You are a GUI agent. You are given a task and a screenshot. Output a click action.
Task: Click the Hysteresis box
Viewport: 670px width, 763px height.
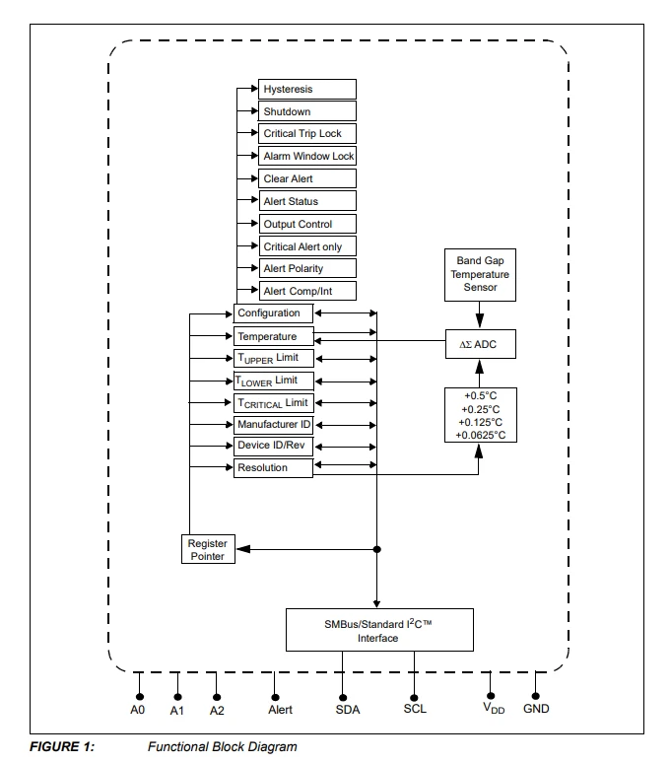point(306,89)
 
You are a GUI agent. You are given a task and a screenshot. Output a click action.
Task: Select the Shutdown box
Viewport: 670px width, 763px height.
point(306,111)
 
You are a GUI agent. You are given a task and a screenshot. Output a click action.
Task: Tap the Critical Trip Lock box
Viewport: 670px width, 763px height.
point(306,133)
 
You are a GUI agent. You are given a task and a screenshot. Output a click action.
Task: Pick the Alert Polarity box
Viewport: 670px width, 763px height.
point(306,268)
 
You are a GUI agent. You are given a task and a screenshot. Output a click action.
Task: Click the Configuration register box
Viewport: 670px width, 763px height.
point(273,313)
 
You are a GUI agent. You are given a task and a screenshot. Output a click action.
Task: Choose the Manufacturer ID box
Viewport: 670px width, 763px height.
point(273,425)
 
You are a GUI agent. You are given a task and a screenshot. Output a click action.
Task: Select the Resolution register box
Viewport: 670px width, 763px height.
point(273,467)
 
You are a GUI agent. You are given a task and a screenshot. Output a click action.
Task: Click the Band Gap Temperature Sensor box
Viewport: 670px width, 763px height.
point(480,275)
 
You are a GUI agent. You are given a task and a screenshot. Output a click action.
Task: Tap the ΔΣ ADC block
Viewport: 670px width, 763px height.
point(481,344)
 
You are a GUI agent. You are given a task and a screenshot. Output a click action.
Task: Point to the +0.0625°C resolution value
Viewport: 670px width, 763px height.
point(481,435)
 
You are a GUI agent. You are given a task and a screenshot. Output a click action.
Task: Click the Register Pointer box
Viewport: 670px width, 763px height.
point(208,549)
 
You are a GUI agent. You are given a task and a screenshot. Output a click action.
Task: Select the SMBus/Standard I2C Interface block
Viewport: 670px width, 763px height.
point(379,630)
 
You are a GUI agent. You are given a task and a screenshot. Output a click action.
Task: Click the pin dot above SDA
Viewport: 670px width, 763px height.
point(343,697)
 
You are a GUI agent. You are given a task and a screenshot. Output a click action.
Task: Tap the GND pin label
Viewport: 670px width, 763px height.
point(536,709)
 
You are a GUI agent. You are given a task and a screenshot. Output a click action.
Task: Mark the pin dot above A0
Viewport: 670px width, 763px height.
point(140,697)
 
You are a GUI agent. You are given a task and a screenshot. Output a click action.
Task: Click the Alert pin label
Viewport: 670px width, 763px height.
point(280,710)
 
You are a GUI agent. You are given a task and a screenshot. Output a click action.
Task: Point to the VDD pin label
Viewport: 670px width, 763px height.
point(494,709)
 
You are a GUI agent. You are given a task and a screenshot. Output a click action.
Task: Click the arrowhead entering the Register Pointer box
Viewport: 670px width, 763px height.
point(242,549)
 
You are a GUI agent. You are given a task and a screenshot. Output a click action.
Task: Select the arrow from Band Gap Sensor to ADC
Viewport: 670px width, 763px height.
point(480,314)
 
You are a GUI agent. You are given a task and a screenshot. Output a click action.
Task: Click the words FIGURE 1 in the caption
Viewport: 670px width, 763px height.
point(62,746)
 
